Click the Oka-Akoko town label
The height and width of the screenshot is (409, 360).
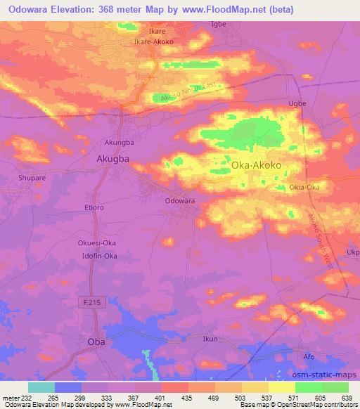(x=257, y=166)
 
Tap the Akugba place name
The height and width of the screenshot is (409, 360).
(x=112, y=159)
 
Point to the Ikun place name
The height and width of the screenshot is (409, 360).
(x=209, y=339)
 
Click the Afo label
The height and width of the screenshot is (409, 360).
(x=309, y=357)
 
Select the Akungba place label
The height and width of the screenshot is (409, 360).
(x=118, y=140)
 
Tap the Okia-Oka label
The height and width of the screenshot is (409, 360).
(x=304, y=188)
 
